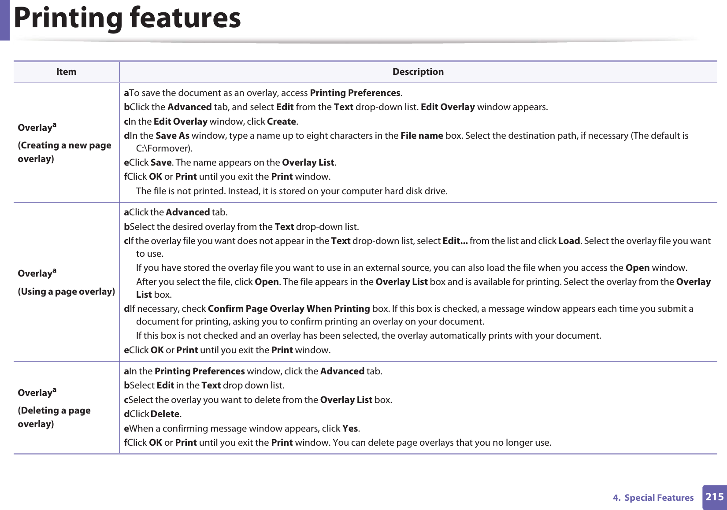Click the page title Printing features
click(x=127, y=18)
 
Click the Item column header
click(x=66, y=72)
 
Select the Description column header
click(x=418, y=72)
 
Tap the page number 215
click(x=714, y=497)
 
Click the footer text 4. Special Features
click(x=653, y=498)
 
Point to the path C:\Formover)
click(x=164, y=148)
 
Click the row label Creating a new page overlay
click(x=64, y=152)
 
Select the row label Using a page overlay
click(x=66, y=292)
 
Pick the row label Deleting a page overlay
click(x=54, y=417)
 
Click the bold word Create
click(x=282, y=122)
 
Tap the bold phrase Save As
click(x=172, y=136)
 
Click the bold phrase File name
click(x=421, y=136)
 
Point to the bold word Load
click(x=569, y=241)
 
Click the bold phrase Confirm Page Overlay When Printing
click(x=289, y=309)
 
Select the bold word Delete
click(x=165, y=414)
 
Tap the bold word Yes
click(x=350, y=429)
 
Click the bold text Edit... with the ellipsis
click(x=455, y=241)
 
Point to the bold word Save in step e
click(x=161, y=163)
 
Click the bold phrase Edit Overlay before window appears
click(x=448, y=107)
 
